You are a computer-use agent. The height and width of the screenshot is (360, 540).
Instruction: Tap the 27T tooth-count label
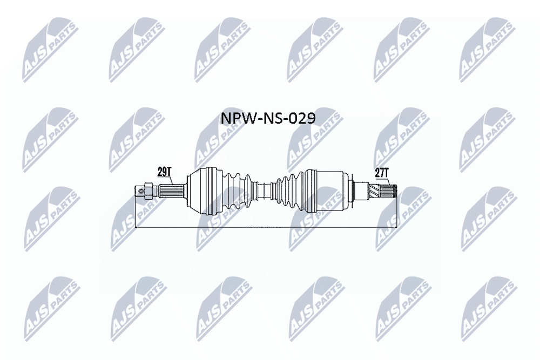click(x=382, y=173)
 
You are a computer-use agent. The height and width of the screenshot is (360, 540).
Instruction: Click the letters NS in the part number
click(x=272, y=119)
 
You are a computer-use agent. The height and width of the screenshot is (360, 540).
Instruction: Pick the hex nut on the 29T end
click(x=148, y=192)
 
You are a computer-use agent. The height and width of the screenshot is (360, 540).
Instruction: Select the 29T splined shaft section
click(x=173, y=191)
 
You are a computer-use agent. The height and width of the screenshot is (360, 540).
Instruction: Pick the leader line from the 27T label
click(x=388, y=182)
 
